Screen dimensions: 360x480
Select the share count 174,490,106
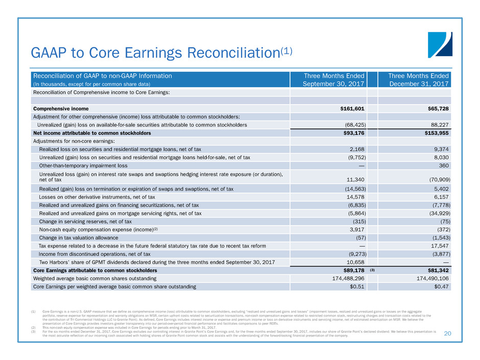click(427, 278)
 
